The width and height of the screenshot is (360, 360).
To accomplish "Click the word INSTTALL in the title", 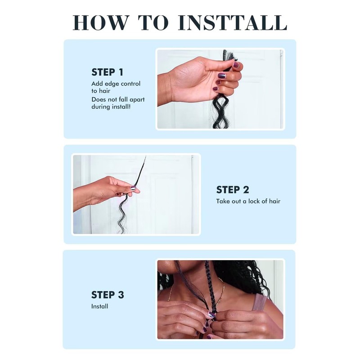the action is pyautogui.click(x=233, y=23).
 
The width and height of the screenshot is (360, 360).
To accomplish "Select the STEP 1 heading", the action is pyautogui.click(x=107, y=72).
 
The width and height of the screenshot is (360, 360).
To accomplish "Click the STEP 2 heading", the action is pyautogui.click(x=233, y=189).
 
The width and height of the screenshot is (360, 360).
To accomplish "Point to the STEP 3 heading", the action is pyautogui.click(x=108, y=295).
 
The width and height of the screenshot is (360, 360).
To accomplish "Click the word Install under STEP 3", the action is pyautogui.click(x=99, y=306).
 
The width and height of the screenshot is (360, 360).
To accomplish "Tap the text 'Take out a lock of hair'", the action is pyautogui.click(x=248, y=201).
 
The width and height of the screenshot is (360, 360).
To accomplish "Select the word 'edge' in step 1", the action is pyautogui.click(x=112, y=84).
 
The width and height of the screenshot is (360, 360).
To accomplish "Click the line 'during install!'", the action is pyautogui.click(x=111, y=107).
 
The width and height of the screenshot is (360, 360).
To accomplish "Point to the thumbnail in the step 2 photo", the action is pyautogui.click(x=133, y=188).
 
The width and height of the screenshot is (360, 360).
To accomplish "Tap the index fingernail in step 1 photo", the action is pyautogui.click(x=236, y=65).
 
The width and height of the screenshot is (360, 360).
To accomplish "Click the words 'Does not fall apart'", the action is pyautogui.click(x=118, y=99).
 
